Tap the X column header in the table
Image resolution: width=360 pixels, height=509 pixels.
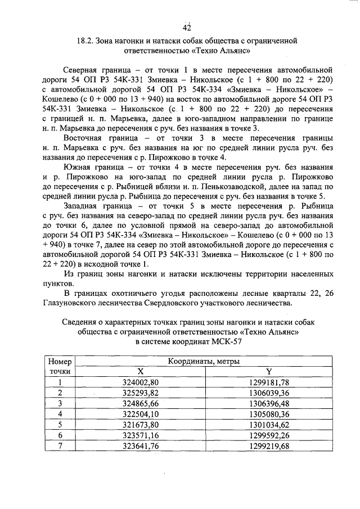point(141,372)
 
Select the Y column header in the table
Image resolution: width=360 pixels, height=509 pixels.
point(269,372)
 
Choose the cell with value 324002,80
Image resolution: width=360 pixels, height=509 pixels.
point(141,382)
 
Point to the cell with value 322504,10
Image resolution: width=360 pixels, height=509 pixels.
point(141,413)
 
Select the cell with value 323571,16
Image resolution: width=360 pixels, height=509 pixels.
point(141,434)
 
